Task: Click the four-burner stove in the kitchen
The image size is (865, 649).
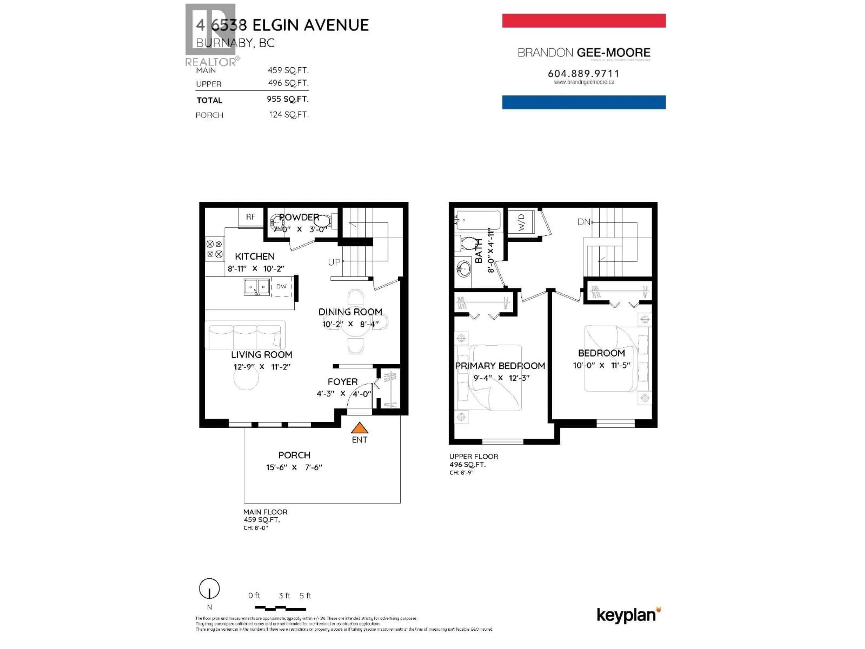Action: click(214, 249)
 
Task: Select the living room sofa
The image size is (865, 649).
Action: click(245, 335)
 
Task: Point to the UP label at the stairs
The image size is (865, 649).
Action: click(334, 262)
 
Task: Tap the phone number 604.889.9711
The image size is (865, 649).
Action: click(583, 73)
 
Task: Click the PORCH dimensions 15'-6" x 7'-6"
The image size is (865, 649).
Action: click(294, 467)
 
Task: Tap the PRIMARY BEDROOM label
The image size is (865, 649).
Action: click(500, 366)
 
